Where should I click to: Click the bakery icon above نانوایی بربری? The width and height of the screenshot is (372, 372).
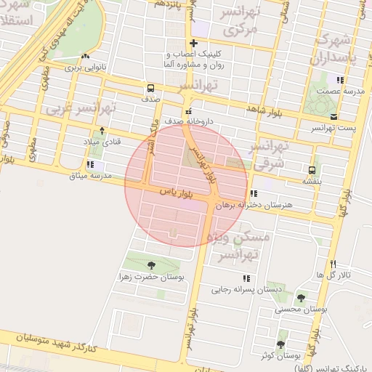[x=86, y=56]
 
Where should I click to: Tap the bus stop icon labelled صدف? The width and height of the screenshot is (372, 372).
[x=150, y=86]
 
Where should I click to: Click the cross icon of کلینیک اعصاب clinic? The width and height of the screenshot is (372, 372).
[x=193, y=44]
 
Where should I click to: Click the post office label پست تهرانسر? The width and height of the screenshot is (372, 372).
[x=332, y=128]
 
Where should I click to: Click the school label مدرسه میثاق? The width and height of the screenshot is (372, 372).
[x=90, y=176]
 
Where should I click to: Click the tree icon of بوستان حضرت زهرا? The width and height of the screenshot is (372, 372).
[x=151, y=265]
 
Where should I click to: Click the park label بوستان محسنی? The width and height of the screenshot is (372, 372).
[x=301, y=308]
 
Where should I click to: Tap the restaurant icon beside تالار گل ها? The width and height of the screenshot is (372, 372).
[x=333, y=264]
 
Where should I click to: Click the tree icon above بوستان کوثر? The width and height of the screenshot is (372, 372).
[x=280, y=344]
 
